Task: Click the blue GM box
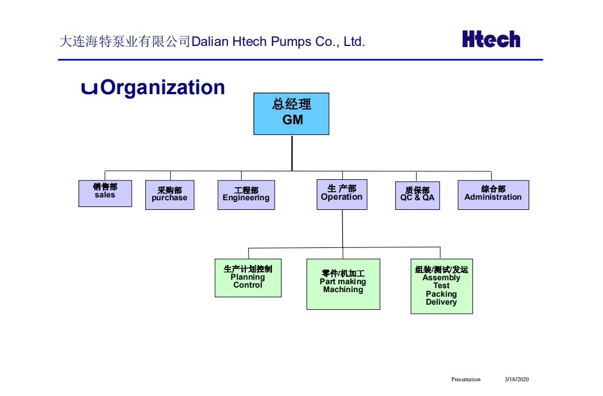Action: point(291,113)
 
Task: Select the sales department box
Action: point(105,193)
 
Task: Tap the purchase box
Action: point(169,195)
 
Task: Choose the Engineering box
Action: point(246,195)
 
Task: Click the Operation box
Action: point(342,195)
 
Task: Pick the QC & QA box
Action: point(417,195)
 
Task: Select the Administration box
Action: point(493,195)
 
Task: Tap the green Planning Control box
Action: point(248,277)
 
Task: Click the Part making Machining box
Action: point(343,284)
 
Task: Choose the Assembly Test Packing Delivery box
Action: point(441,286)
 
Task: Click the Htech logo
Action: point(491,39)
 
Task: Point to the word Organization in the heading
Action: point(162,87)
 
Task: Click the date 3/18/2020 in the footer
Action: point(516,380)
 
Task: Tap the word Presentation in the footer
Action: point(466,380)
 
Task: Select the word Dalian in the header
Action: point(210,42)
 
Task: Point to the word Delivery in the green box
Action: point(441,302)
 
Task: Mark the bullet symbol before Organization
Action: point(89,88)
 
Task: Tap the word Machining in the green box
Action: point(343,290)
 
